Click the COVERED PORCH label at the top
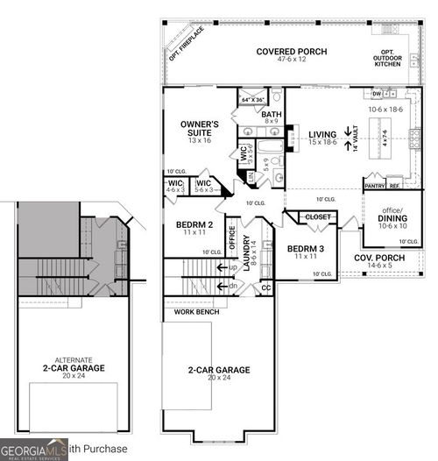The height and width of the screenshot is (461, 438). pyautogui.click(x=291, y=52)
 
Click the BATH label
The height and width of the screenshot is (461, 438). pyautogui.click(x=271, y=115)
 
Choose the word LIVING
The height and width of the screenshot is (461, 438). pyautogui.click(x=321, y=135)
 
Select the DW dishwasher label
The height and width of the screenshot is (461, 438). pyautogui.click(x=376, y=93)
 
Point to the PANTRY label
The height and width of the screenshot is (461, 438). pyautogui.click(x=374, y=186)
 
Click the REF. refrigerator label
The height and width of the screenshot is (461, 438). pyautogui.click(x=395, y=186)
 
